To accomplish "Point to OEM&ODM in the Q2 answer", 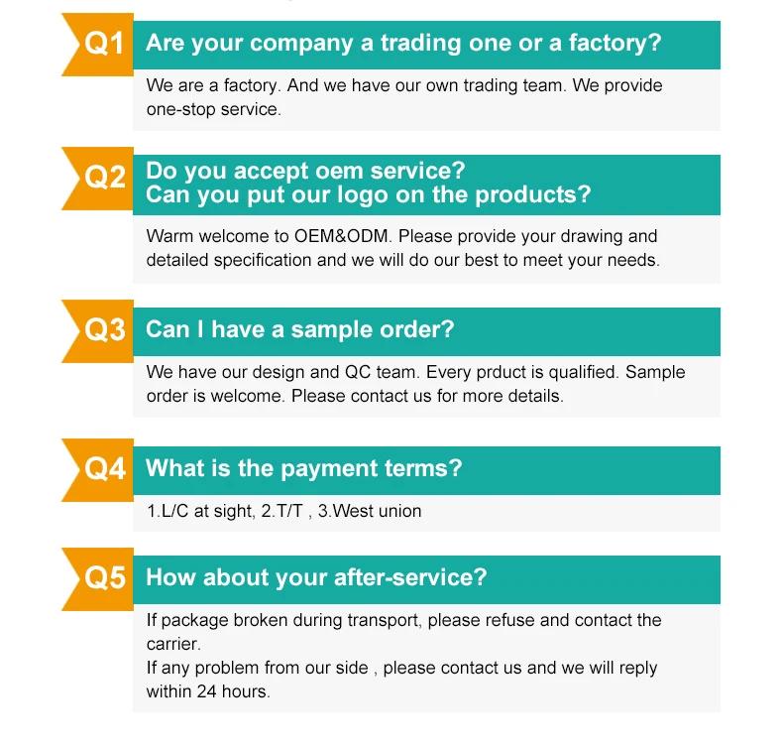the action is pos(342,236).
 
